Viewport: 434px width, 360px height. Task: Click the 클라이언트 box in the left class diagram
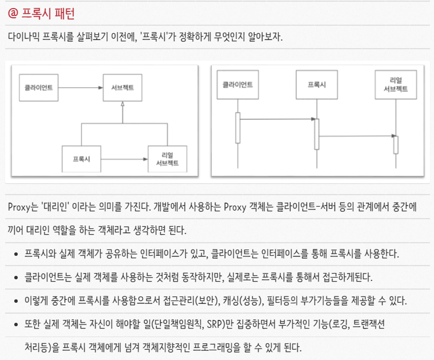click(x=39, y=88)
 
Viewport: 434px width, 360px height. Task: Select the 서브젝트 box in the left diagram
click(x=122, y=88)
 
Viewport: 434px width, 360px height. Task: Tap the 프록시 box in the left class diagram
click(x=81, y=159)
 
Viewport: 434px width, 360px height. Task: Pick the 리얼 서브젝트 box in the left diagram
click(x=167, y=159)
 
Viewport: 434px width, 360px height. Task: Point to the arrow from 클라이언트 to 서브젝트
click(x=81, y=88)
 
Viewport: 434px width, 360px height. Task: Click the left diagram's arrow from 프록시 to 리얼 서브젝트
click(x=124, y=159)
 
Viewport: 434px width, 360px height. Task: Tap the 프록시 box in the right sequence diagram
click(x=316, y=85)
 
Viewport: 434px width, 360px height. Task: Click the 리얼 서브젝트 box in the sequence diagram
click(x=395, y=85)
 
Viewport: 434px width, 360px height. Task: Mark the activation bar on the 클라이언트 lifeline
click(x=238, y=128)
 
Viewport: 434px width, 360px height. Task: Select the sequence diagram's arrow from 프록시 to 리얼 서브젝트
click(x=356, y=136)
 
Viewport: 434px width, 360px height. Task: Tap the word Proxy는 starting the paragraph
click(x=21, y=206)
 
